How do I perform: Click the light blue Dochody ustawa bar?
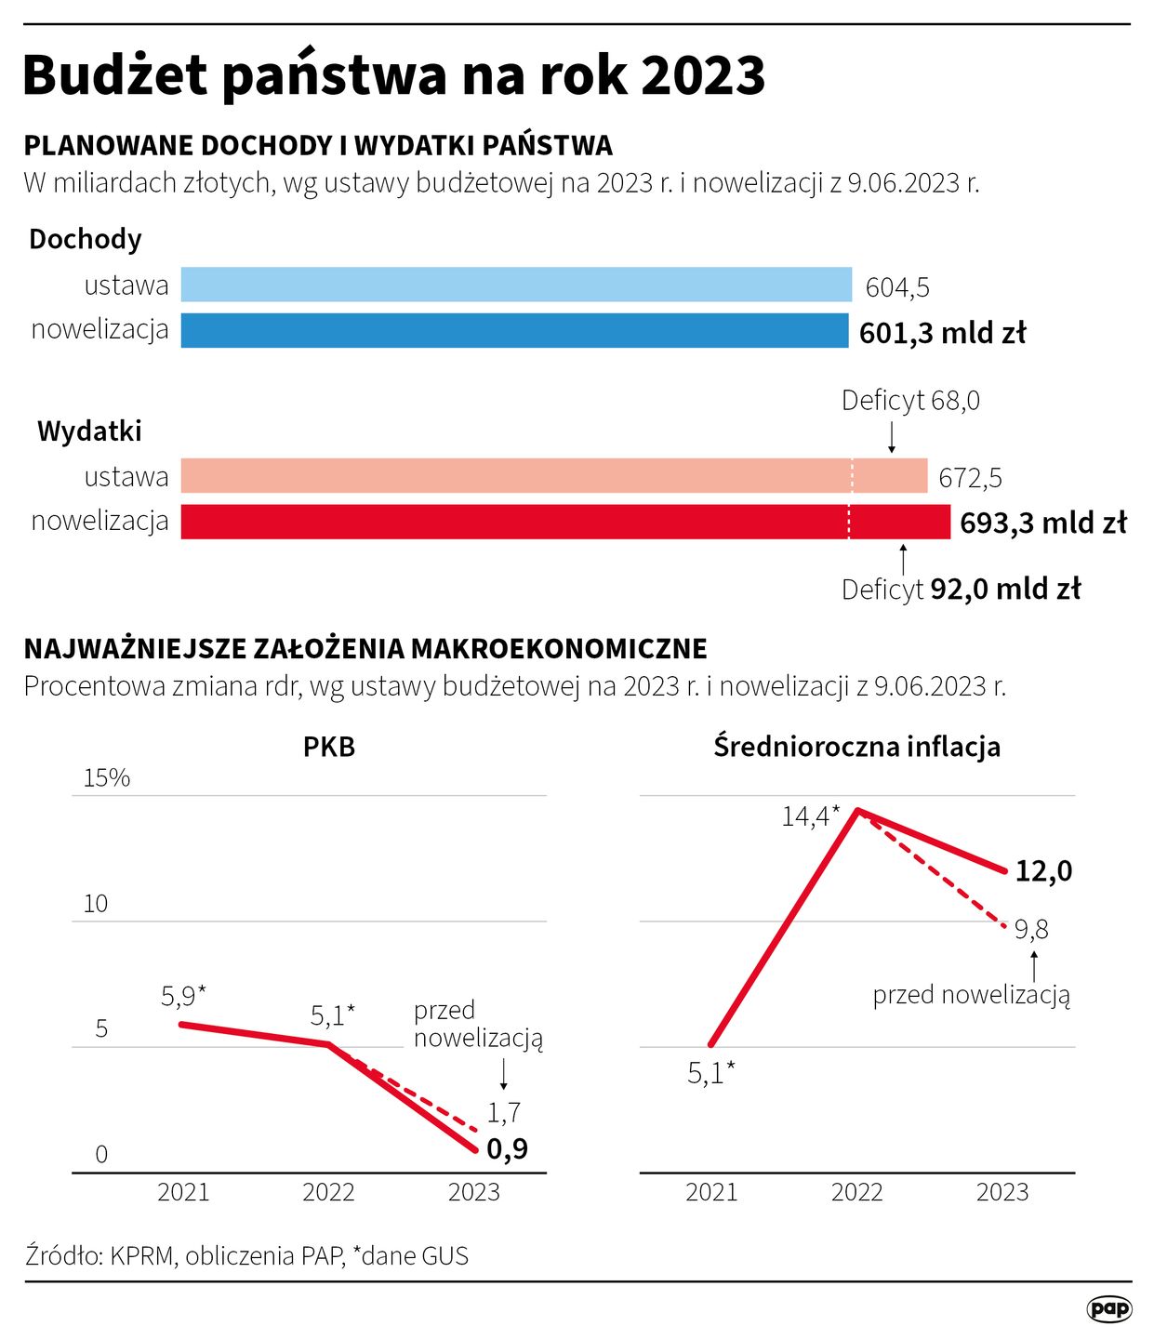click(516, 285)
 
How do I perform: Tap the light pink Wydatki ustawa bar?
click(553, 475)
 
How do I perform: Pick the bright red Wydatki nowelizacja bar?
click(564, 522)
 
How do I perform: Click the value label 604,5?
click(897, 287)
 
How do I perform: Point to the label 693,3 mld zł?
click(1042, 523)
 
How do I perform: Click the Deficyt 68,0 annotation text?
click(910, 401)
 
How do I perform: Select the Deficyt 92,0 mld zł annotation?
click(961, 590)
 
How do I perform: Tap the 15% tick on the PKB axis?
click(107, 777)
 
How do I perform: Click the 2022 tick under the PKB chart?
click(328, 1192)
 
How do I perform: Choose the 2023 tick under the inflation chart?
click(1001, 1192)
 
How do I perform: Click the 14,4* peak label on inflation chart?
click(810, 816)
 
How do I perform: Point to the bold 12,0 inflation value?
click(1043, 871)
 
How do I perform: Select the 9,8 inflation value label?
click(1031, 929)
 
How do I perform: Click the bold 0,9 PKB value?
click(507, 1149)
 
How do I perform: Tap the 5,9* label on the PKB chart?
click(183, 996)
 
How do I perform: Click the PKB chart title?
click(329, 747)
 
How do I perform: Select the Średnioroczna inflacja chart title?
click(856, 747)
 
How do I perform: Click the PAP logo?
click(1109, 1309)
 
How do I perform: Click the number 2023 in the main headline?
click(702, 75)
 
